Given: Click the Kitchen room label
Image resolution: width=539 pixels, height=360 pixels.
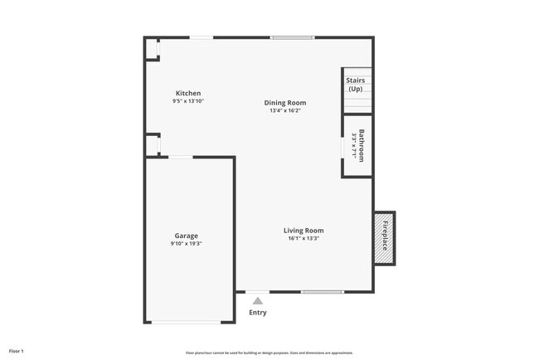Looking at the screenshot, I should click(x=187, y=93).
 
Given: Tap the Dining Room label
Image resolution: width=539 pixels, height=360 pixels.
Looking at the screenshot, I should click(x=285, y=103).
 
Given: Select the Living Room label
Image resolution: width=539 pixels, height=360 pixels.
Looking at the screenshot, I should click(x=303, y=231).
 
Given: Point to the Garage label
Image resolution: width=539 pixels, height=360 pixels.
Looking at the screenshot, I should click(x=186, y=236).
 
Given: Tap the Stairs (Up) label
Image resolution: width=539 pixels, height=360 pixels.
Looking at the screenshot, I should click(x=356, y=84).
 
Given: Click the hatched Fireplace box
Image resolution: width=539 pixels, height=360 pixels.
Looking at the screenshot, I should click(x=384, y=238).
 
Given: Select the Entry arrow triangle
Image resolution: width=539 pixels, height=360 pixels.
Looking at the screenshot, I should click(x=258, y=301).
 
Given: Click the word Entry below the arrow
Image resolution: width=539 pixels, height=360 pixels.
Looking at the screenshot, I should click(x=258, y=313).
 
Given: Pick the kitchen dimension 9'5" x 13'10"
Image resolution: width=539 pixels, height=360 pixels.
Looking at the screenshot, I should click(x=187, y=101).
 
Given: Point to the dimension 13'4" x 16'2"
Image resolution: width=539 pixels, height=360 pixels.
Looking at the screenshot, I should click(x=285, y=111).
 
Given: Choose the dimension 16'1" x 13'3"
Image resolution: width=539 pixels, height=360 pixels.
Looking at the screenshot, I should click(x=303, y=239).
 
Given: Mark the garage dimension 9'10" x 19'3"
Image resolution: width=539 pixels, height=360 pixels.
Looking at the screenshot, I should click(x=186, y=244).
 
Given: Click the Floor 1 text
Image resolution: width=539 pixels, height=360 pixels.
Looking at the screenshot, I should click(x=17, y=351).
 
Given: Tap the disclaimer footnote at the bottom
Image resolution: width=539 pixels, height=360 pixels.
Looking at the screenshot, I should click(x=269, y=352).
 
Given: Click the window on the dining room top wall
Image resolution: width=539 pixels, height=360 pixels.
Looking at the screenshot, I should click(x=293, y=37).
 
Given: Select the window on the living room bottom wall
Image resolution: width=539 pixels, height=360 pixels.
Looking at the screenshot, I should click(x=323, y=292).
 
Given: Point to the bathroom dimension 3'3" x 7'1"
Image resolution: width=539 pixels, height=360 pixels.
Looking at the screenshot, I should click(x=353, y=145).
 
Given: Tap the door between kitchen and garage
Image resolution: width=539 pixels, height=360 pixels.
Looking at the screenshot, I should click(x=181, y=157).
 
